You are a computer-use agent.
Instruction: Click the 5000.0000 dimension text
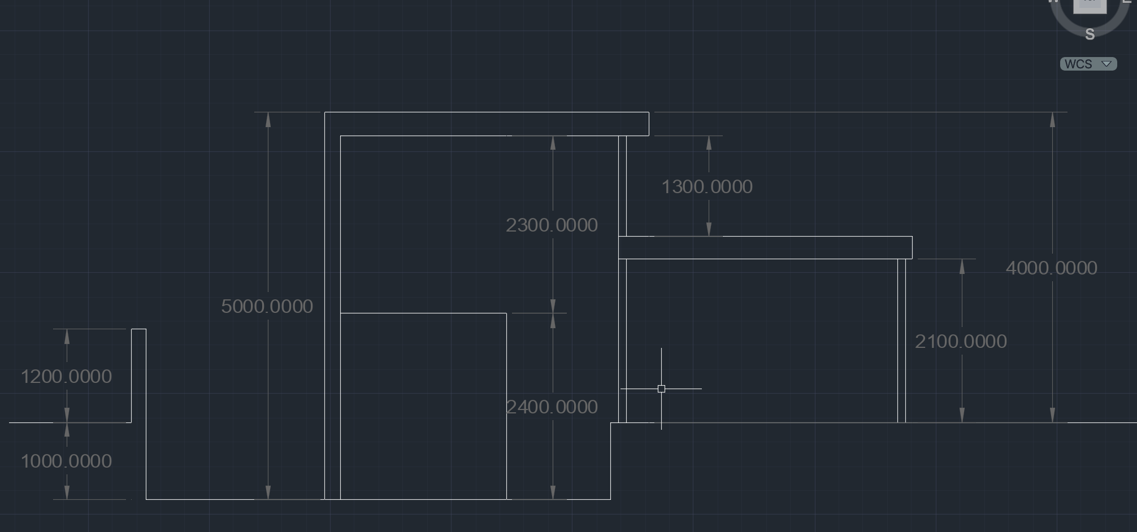pos(267,306)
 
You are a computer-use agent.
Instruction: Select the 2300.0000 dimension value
pos(552,225)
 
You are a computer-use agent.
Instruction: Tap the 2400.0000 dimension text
pos(552,407)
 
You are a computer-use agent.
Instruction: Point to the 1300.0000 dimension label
pos(706,186)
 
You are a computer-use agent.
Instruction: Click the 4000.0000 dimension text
pos(1051,268)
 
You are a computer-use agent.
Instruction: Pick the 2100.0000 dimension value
pos(961,341)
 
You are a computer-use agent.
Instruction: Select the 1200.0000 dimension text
pos(66,376)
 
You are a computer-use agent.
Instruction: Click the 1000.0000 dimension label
pos(66,461)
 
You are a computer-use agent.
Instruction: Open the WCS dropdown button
pos(1088,64)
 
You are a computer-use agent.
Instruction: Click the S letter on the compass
pos(1090,34)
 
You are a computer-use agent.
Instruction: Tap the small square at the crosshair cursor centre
pos(661,389)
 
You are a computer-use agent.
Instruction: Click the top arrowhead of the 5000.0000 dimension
pos(268,119)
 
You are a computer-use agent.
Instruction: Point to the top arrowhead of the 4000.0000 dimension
pos(1052,119)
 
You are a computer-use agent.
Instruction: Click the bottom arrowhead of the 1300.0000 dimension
pos(709,229)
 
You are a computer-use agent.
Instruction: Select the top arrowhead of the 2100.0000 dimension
pos(962,266)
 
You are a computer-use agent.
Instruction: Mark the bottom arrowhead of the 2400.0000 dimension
pos(553,492)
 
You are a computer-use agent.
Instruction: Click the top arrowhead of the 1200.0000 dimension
pos(67,336)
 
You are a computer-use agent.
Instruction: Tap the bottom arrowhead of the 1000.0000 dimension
pos(67,492)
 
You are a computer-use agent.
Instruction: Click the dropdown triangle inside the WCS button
pos(1106,64)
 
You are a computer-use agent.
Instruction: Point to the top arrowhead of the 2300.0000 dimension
pos(553,142)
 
